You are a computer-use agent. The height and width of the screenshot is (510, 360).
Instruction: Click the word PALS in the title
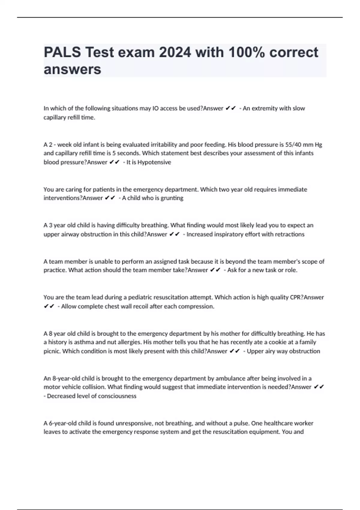pyautogui.click(x=62, y=52)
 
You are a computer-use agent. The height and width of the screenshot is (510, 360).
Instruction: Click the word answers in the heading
pyautogui.click(x=72, y=70)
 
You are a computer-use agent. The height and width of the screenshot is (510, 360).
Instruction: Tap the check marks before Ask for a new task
pyautogui.click(x=215, y=270)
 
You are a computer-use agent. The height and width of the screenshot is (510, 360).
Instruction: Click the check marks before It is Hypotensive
pyautogui.click(x=115, y=162)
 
